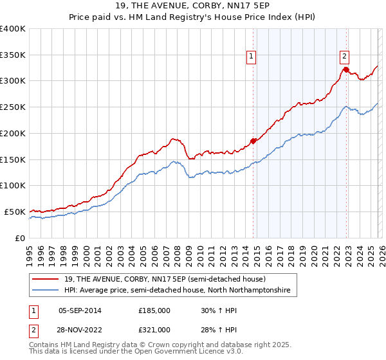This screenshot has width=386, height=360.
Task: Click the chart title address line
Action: pyautogui.click(x=193, y=7)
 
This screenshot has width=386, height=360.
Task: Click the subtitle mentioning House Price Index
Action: pyautogui.click(x=193, y=19)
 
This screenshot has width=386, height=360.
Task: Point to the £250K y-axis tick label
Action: pyautogui.click(x=13, y=107)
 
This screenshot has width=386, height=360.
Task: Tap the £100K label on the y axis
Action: pyautogui.click(x=13, y=186)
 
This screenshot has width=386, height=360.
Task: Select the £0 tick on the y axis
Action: pyautogui.click(x=19, y=238)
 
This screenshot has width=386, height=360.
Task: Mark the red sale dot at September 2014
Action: pyautogui.click(x=253, y=141)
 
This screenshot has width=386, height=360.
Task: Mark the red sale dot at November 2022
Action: pyautogui.click(x=346, y=69)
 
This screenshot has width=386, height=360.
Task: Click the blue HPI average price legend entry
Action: pyautogui.click(x=177, y=291)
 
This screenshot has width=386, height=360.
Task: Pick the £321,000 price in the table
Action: pyautogui.click(x=154, y=330)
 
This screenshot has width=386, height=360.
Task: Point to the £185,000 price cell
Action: pyautogui.click(x=154, y=310)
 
